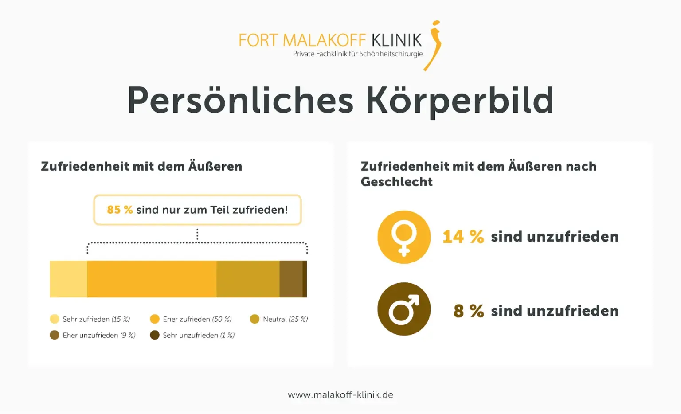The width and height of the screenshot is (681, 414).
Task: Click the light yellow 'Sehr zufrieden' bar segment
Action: [x=68, y=279]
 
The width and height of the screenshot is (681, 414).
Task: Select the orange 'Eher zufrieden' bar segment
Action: [x=152, y=279]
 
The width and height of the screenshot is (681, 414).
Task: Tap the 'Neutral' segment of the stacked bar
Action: [x=248, y=279]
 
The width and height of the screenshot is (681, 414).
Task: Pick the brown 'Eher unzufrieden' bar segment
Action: [x=291, y=279]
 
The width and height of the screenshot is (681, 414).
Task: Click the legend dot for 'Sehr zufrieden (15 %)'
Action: [x=55, y=319]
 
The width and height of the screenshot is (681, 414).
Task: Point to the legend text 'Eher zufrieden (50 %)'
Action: [x=197, y=319]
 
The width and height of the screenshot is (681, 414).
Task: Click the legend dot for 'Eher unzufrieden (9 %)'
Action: [x=55, y=335]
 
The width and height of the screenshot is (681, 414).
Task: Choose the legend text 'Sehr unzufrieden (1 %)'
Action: [x=199, y=335]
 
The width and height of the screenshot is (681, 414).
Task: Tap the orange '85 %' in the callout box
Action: [x=120, y=210]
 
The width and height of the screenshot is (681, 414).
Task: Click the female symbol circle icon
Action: [x=404, y=237]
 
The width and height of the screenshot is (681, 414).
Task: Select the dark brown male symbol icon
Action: [x=404, y=309]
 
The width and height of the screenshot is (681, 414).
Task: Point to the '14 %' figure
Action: [x=463, y=237]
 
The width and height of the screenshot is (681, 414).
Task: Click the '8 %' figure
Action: [x=469, y=311]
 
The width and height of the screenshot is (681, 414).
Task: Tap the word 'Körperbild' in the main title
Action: [x=460, y=101]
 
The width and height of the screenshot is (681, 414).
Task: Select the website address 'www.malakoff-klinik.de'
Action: [x=340, y=395]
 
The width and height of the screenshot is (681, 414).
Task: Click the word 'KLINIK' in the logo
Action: [x=396, y=40]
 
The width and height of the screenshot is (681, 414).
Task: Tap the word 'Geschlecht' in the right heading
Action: [x=397, y=182]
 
